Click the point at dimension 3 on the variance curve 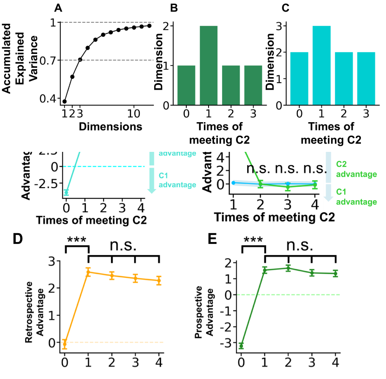80,59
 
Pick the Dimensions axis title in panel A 110,126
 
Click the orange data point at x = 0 65,343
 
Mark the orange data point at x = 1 88,272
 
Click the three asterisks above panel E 253,240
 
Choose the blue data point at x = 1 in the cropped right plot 233,183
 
